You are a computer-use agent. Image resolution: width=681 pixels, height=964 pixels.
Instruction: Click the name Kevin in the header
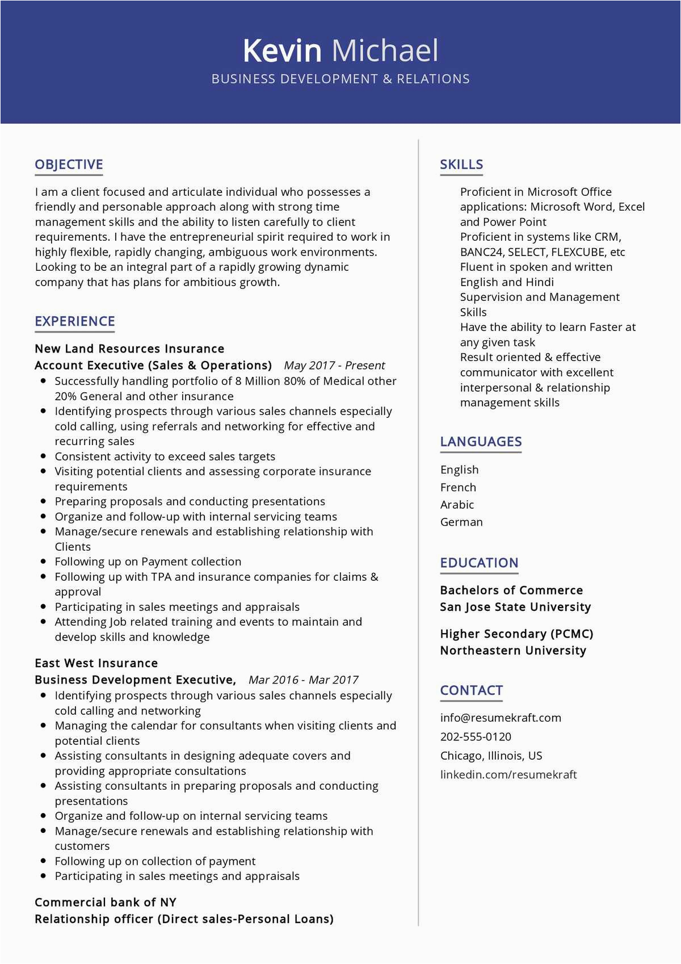[282, 51]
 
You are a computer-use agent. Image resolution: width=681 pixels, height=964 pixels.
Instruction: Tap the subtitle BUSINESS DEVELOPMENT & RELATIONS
[340, 79]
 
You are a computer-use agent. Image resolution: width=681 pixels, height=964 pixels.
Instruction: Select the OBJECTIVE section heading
[69, 165]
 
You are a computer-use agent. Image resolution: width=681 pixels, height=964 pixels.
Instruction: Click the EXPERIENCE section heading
[75, 321]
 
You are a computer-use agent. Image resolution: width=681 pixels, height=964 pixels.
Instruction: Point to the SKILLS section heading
[461, 165]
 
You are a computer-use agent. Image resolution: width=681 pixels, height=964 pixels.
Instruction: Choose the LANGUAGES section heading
[481, 442]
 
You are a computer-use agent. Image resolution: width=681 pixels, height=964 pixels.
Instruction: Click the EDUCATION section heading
[479, 563]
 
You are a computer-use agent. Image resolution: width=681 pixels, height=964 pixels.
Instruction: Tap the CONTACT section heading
[471, 690]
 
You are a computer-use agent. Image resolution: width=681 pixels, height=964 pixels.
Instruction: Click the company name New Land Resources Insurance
[129, 349]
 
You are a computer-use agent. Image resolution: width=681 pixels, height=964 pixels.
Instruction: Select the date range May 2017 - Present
[334, 366]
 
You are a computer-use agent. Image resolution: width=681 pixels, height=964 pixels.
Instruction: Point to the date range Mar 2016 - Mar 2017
[304, 680]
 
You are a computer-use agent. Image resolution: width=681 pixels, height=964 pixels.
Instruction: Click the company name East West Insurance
[96, 663]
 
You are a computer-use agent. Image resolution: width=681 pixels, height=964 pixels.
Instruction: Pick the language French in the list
[458, 487]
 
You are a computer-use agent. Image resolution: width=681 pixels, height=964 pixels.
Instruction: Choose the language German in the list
[461, 522]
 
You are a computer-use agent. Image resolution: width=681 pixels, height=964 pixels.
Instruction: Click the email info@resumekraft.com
[501, 718]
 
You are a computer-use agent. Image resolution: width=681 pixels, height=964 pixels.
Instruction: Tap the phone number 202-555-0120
[476, 736]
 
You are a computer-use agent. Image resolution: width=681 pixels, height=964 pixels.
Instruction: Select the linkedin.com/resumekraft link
[508, 774]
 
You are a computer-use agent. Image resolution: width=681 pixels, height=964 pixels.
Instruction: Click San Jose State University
[515, 607]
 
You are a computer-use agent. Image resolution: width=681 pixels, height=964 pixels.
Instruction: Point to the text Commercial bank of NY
[106, 902]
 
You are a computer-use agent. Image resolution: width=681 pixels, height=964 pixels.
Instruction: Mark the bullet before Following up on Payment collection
[43, 561]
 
